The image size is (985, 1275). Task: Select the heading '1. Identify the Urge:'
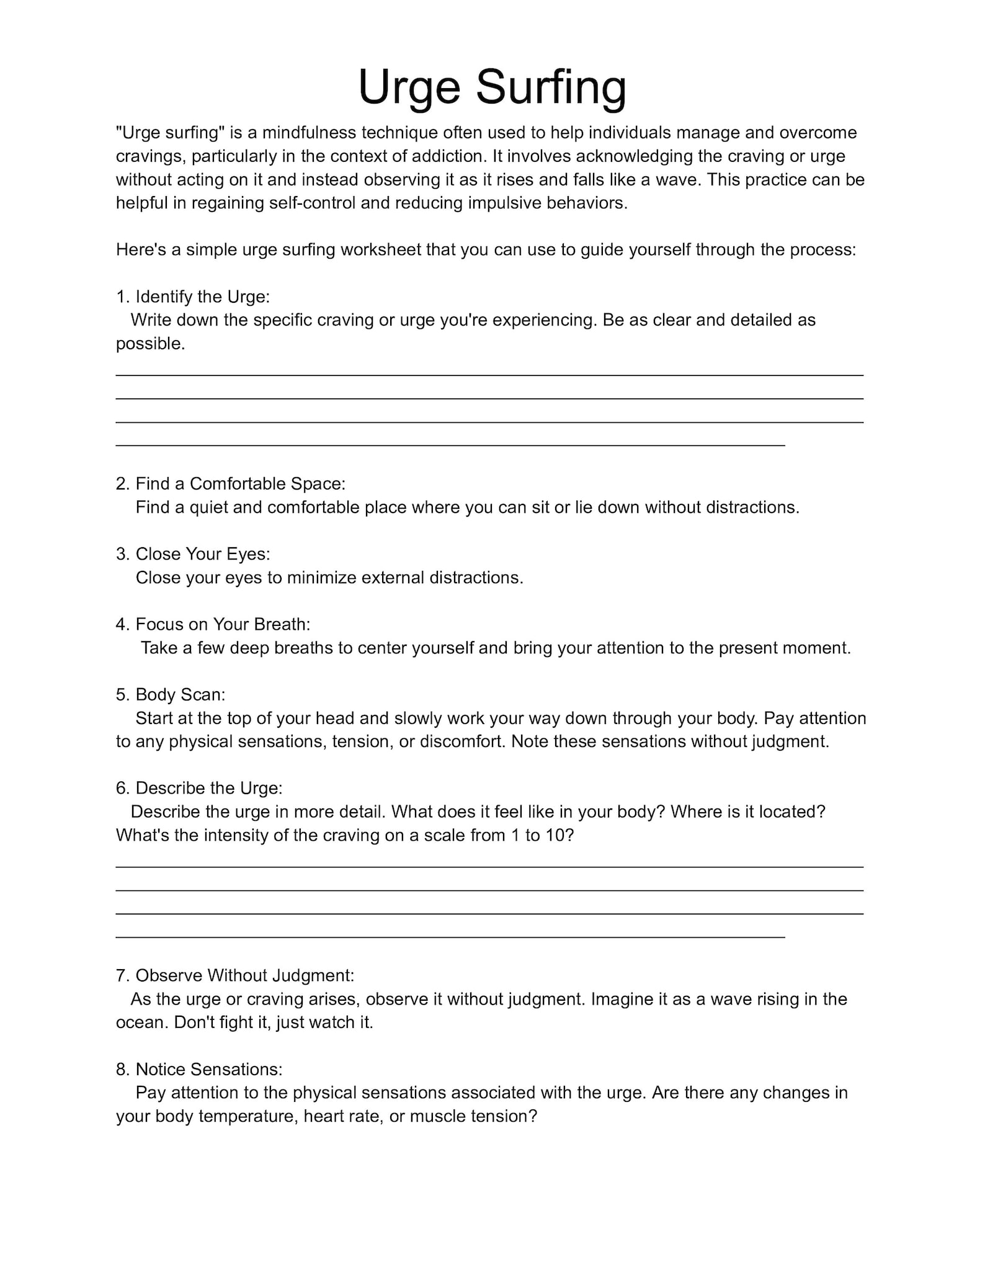pos(193,297)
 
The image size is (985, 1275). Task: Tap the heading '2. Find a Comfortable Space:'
pos(231,484)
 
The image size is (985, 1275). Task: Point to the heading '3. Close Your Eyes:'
pos(193,554)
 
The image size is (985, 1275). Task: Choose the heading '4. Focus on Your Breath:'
pos(213,624)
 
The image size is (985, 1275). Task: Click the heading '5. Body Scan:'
pos(171,694)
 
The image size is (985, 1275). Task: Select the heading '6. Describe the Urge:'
pos(199,788)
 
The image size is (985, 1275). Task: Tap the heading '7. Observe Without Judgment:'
pos(235,975)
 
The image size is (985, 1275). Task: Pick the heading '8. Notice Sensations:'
pos(199,1069)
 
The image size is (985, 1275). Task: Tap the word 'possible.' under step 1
pos(151,344)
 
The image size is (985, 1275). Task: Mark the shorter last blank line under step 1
pos(450,445)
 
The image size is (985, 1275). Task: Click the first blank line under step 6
pos(489,866)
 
